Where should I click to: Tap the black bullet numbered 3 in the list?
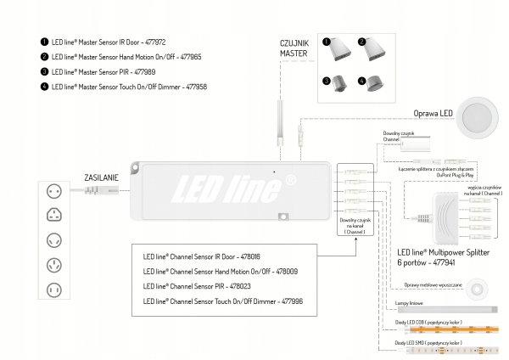(x=44, y=71)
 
